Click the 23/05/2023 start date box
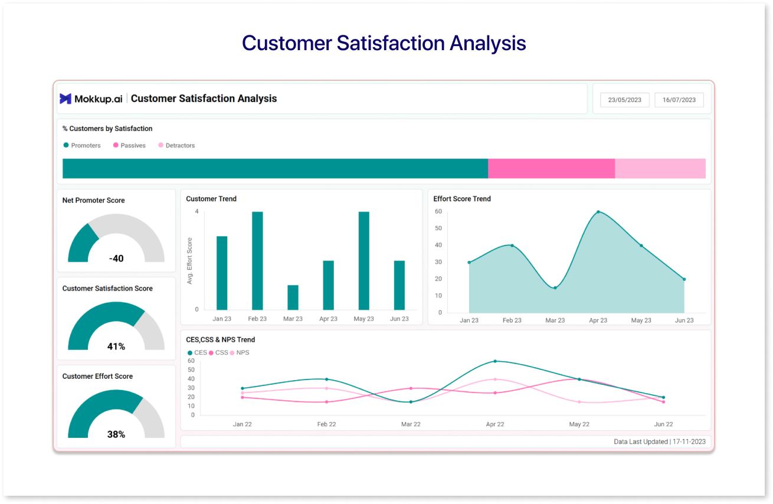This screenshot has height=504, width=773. [624, 100]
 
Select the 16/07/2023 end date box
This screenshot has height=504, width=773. [679, 100]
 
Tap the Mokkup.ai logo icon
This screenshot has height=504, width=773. [65, 99]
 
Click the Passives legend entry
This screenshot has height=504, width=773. [129, 145]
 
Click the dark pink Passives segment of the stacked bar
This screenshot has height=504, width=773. [551, 168]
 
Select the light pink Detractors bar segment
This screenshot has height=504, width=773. [660, 168]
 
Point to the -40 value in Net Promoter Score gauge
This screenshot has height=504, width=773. [116, 258]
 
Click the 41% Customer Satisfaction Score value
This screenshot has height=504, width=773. [116, 346]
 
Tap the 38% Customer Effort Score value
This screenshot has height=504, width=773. [116, 434]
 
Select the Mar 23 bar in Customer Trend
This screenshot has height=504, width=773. [293, 297]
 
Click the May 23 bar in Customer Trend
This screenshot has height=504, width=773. [363, 260]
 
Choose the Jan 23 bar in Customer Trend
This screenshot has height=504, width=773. [222, 273]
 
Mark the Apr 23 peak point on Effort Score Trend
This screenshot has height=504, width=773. [598, 211]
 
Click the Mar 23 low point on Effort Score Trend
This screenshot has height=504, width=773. [555, 287]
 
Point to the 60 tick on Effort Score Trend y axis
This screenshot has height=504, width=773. [438, 211]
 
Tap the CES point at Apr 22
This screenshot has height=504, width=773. [495, 361]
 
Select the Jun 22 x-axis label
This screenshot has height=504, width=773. [663, 424]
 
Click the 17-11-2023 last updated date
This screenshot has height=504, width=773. [689, 441]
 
